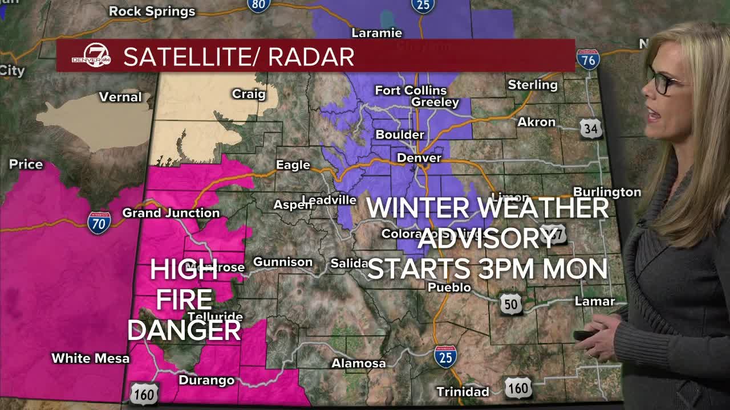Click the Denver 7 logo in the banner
(x=91, y=56)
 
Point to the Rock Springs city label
(x=152, y=11)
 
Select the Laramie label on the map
(x=376, y=33)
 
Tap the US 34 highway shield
(x=590, y=129)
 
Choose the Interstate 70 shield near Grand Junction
(x=99, y=223)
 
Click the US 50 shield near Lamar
(x=510, y=305)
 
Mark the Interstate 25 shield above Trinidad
(x=445, y=356)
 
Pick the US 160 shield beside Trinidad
(x=518, y=388)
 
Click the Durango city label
(x=206, y=380)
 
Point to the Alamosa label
(x=359, y=363)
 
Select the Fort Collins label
(x=411, y=91)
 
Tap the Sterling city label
(x=533, y=85)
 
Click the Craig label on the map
(x=249, y=94)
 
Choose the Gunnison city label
(x=283, y=262)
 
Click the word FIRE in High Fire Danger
(x=184, y=300)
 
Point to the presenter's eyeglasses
(x=663, y=83)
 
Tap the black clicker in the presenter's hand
(x=585, y=335)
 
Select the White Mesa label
(x=91, y=358)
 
